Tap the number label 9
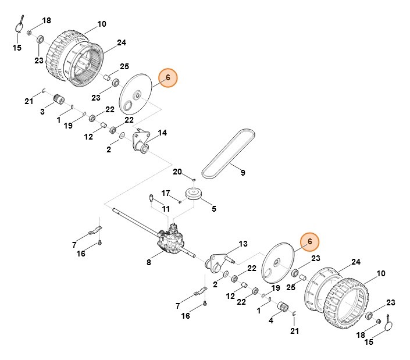click(243, 172)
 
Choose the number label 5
click(213, 208)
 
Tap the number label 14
click(162, 133)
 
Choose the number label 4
click(270, 320)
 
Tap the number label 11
click(166, 208)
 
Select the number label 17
click(165, 193)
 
